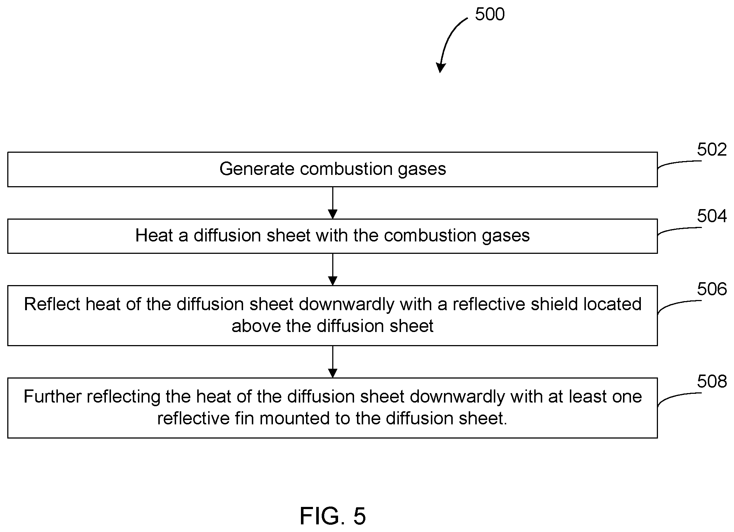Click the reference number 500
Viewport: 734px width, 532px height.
(x=489, y=15)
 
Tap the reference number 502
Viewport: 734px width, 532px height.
(x=712, y=149)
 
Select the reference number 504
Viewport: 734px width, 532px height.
(x=712, y=216)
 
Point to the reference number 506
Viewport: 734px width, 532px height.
(x=712, y=289)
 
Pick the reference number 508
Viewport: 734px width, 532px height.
(x=712, y=381)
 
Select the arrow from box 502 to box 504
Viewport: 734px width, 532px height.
(x=333, y=203)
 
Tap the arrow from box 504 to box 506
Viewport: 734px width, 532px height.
(x=333, y=269)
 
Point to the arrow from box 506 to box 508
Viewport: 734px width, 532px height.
(x=333, y=362)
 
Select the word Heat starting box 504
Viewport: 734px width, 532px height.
(x=154, y=235)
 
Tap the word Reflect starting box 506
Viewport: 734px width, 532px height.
(x=52, y=304)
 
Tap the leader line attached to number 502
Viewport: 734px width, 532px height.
(x=679, y=163)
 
